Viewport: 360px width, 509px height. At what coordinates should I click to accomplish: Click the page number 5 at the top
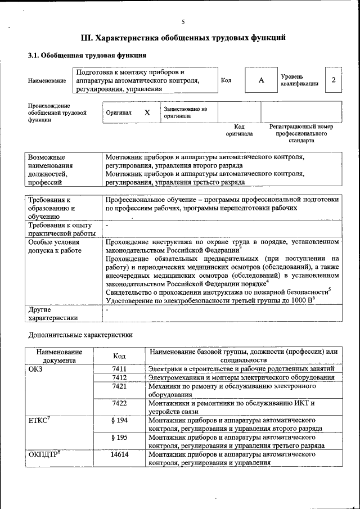click(183, 21)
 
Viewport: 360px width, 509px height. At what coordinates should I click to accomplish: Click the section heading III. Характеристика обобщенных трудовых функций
click(183, 38)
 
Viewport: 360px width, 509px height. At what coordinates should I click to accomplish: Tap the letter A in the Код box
click(261, 80)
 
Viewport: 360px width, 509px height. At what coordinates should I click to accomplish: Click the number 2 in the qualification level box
click(334, 80)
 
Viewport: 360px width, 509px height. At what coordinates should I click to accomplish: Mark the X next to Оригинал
click(147, 112)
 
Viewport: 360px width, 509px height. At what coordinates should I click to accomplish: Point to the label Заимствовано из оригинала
click(186, 112)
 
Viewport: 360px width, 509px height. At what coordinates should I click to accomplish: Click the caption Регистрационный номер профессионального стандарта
click(301, 133)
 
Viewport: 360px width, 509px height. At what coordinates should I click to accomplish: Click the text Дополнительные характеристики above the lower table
click(80, 335)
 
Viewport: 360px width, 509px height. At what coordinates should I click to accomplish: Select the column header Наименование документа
click(59, 355)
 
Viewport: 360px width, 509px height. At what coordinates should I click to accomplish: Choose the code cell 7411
click(119, 368)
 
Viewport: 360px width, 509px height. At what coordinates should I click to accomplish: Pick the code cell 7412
click(119, 377)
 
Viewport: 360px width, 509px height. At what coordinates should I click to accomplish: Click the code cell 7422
click(119, 403)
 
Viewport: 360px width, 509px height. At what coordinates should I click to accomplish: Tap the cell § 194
click(119, 420)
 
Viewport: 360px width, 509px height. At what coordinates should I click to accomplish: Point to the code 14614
click(119, 454)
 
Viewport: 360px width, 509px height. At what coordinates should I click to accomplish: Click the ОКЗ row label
click(35, 368)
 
